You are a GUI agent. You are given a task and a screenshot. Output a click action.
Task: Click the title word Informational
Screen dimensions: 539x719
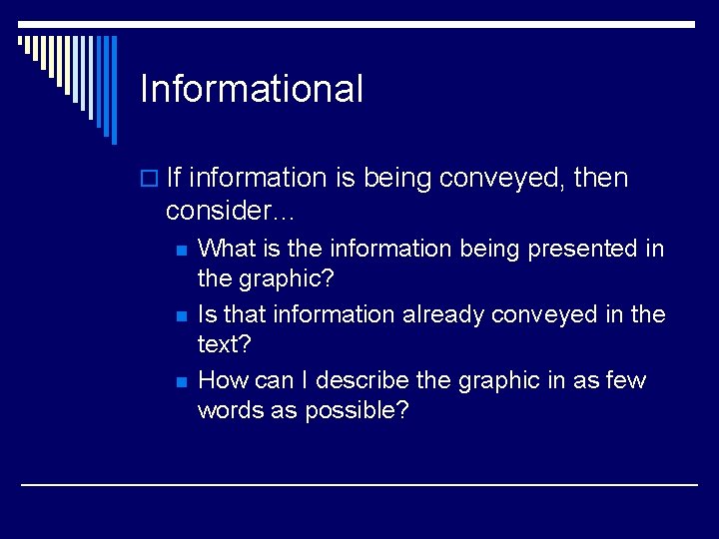[252, 89]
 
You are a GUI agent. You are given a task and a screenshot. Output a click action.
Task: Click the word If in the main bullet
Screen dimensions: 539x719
[173, 178]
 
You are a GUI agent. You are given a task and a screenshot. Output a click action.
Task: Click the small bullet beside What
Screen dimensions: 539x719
[180, 250]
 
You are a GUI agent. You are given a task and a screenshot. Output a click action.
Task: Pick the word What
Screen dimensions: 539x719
[228, 248]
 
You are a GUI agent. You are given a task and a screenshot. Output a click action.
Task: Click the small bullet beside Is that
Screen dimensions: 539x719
[180, 316]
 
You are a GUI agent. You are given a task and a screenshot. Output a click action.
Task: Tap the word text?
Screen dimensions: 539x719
[225, 344]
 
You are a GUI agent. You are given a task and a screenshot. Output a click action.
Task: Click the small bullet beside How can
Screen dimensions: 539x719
[180, 382]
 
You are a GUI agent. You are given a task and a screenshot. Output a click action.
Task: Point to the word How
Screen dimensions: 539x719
[223, 380]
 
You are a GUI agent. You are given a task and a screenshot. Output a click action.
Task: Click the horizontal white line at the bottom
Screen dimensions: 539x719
[359, 484]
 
